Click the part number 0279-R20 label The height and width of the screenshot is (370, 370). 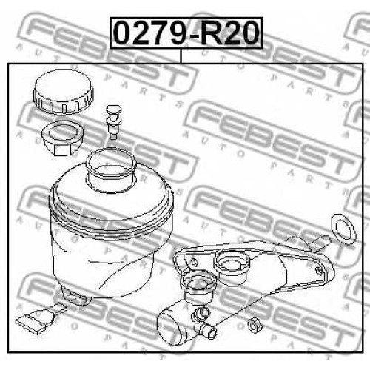pyautogui.click(x=186, y=33)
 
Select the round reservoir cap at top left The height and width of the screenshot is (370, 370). pyautogui.click(x=64, y=92)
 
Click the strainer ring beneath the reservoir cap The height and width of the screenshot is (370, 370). pyautogui.click(x=62, y=138)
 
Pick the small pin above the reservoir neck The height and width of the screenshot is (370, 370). pyautogui.click(x=113, y=122)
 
